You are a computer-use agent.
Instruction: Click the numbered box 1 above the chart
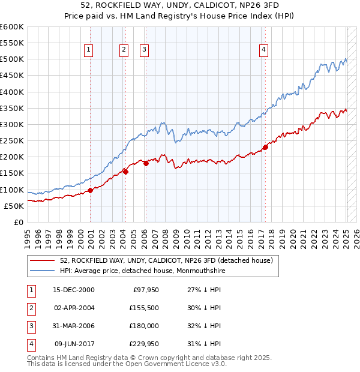point(89,50)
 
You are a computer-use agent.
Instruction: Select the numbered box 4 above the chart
point(264,50)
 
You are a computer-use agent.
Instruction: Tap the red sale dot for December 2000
point(90,190)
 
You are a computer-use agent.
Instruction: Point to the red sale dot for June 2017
point(265,148)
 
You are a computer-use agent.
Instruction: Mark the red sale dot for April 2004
point(125,172)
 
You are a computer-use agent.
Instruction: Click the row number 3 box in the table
point(30,326)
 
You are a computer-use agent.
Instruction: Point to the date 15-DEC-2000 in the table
point(74,290)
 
